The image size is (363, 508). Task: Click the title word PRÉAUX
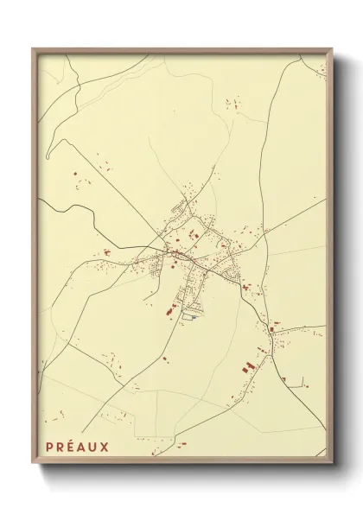[78, 447]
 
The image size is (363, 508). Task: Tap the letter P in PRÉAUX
[50, 447]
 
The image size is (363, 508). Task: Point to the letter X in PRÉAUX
[105, 447]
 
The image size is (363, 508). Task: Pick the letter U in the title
[94, 447]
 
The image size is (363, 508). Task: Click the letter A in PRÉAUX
[83, 447]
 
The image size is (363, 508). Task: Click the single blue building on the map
[194, 316]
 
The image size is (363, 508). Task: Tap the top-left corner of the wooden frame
[33, 49]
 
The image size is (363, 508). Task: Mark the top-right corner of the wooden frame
[332, 49]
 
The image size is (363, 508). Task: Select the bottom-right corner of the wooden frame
[332, 463]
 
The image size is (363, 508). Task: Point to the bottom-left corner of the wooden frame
[33, 463]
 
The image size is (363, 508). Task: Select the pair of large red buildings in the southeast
[247, 366]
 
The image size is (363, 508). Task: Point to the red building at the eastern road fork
[277, 327]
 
